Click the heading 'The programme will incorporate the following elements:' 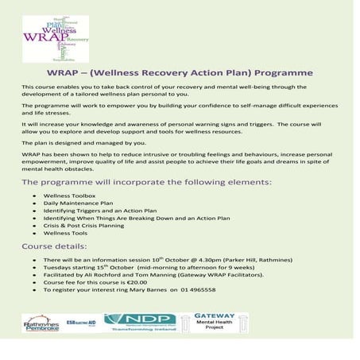point(146,182)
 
